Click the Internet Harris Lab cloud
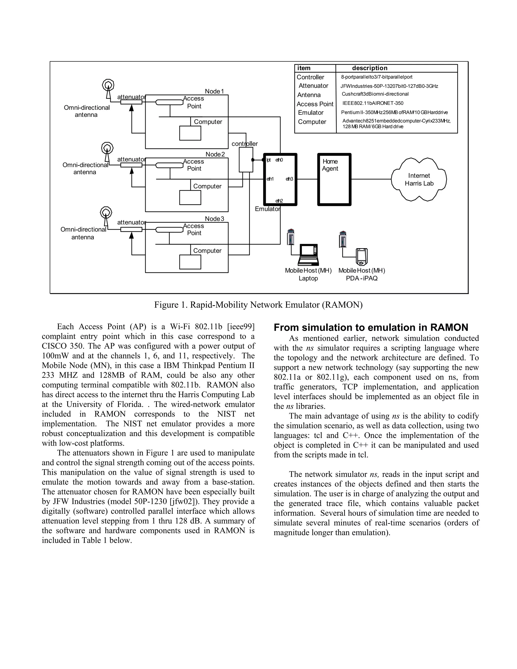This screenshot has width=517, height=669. tap(419, 179)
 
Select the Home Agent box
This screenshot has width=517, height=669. tap(334, 179)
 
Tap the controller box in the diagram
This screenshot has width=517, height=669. tap(246, 160)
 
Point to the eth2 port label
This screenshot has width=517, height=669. tap(279, 201)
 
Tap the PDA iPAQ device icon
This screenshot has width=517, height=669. tap(361, 257)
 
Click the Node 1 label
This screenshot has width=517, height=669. tap(214, 91)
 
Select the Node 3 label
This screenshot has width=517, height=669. tap(214, 219)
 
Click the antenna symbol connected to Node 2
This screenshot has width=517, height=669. tap(107, 151)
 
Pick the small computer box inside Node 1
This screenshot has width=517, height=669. tap(190, 133)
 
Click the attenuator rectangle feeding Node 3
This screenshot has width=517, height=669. tap(131, 230)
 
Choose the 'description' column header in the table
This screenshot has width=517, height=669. tap(369, 68)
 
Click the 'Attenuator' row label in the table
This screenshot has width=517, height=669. tap(313, 86)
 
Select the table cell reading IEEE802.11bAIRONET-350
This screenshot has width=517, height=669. tap(373, 103)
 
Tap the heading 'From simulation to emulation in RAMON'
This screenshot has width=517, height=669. tap(371, 327)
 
